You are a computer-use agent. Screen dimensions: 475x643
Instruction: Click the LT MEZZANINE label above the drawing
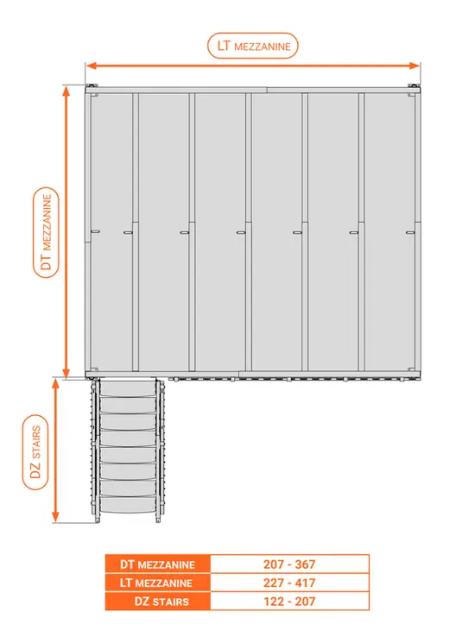(x=253, y=46)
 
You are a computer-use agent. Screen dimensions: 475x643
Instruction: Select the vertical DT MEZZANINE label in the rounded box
(x=46, y=232)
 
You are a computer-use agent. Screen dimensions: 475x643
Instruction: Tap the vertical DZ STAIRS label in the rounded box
(x=35, y=452)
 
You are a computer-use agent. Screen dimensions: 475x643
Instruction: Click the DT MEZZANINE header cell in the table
(x=157, y=564)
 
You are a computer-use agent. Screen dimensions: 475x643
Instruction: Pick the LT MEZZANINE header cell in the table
(x=157, y=583)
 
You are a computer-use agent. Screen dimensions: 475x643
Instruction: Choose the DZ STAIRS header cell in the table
(x=157, y=602)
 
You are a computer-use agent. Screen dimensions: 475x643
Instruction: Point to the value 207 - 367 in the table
(x=289, y=564)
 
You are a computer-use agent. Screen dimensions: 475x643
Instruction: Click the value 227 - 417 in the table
(x=289, y=583)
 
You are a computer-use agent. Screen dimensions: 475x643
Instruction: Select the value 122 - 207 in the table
(x=289, y=602)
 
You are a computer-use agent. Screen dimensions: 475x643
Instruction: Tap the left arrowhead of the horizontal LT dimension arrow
(x=91, y=66)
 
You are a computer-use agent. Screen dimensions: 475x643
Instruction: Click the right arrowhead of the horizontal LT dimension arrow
(x=415, y=66)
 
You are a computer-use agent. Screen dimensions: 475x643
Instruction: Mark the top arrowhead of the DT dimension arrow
(x=66, y=91)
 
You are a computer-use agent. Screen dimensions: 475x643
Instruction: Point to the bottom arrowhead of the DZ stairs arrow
(x=56, y=517)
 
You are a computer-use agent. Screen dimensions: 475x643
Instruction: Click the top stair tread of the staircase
(x=128, y=388)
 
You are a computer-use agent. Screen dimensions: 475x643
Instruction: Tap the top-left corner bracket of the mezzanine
(x=92, y=89)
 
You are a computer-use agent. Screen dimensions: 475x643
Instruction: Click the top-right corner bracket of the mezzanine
(x=414, y=89)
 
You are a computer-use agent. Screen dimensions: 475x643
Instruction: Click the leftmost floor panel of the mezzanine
(x=111, y=232)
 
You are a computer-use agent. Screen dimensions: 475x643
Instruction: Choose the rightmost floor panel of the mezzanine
(x=389, y=232)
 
